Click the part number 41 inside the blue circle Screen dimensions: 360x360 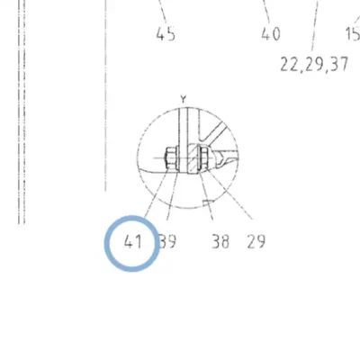point(132,242)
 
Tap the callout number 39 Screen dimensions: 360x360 point(167,242)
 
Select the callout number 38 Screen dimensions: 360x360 point(220,242)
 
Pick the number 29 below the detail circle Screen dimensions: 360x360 point(256,242)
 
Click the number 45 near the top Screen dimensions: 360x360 point(166,34)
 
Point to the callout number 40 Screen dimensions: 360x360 point(271,34)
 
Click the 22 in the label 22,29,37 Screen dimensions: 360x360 point(289,65)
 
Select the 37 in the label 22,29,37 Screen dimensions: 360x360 point(339,65)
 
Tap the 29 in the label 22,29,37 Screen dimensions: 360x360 point(314,65)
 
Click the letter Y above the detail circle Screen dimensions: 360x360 point(184,99)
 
